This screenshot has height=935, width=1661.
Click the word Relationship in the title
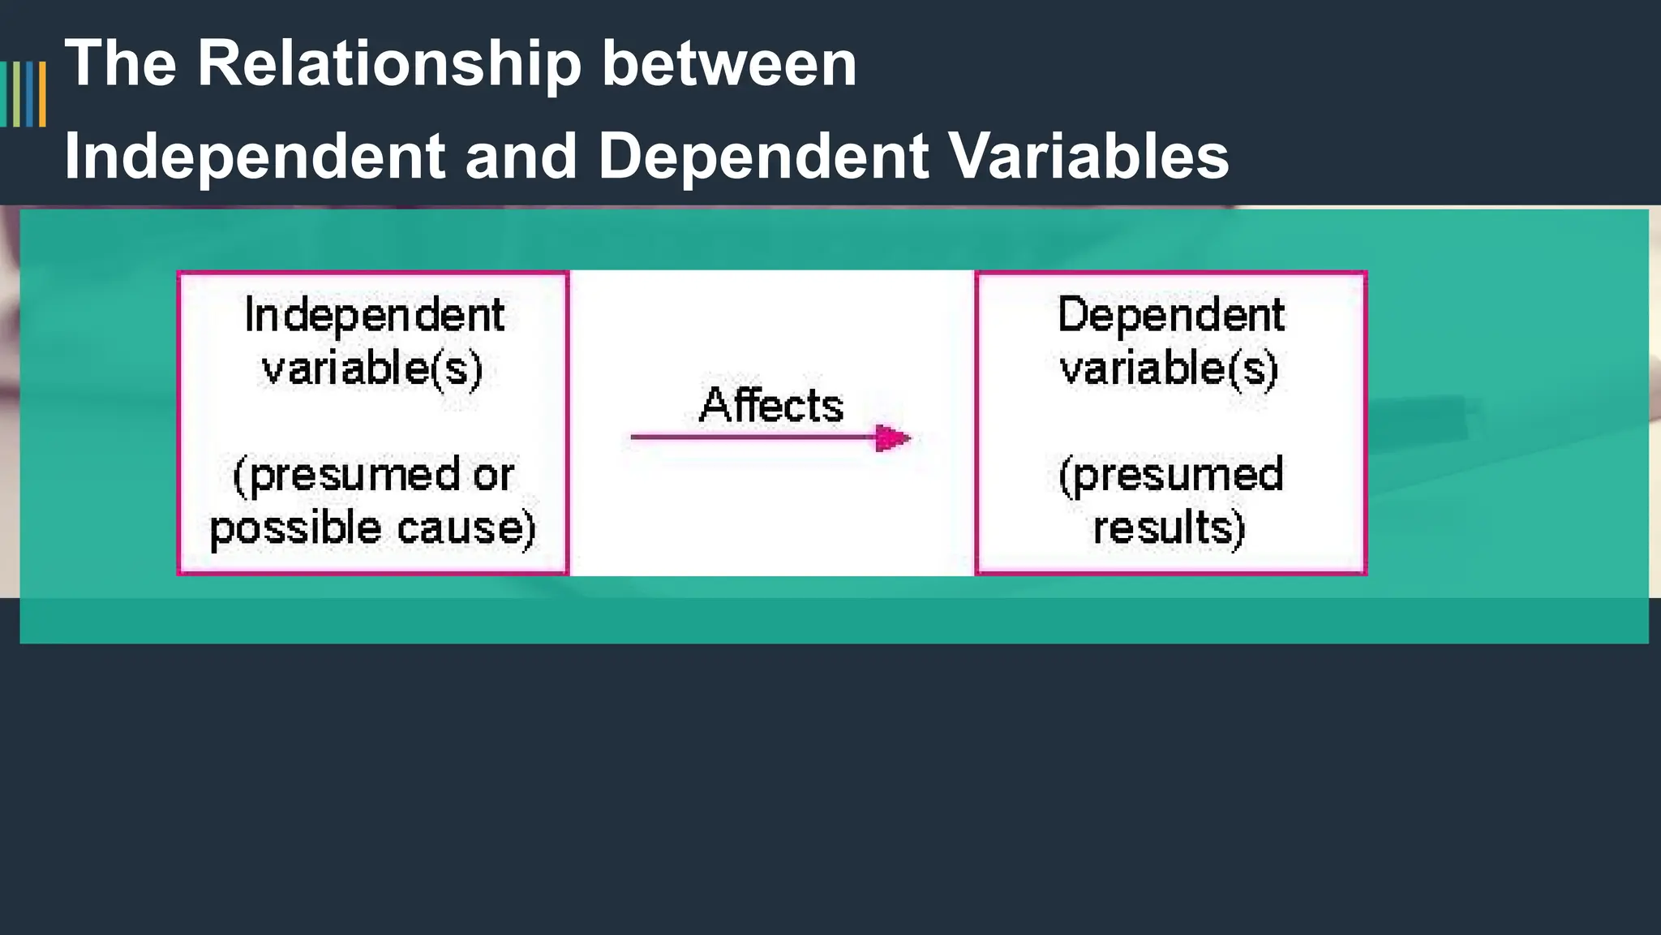pos(389,65)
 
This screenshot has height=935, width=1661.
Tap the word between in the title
pos(729,65)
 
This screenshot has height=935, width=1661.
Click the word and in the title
pos(521,157)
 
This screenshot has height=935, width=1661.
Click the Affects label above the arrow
pos(771,405)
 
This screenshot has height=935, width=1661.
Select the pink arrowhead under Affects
pos(892,438)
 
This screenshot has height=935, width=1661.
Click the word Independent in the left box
pos(374,315)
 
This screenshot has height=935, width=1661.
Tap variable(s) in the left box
pos(372,368)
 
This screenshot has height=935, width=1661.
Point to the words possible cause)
pos(373,528)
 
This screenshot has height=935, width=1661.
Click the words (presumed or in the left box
pos(373,476)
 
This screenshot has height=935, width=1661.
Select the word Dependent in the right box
pos(1171,315)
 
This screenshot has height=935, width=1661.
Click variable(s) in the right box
pos(1170,368)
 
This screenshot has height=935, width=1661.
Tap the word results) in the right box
pos(1169,528)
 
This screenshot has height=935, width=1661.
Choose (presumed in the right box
pos(1171,476)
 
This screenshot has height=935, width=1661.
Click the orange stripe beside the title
pos(42,94)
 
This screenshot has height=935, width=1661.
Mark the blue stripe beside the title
pos(30,94)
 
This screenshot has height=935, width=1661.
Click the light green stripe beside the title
pos(16,94)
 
